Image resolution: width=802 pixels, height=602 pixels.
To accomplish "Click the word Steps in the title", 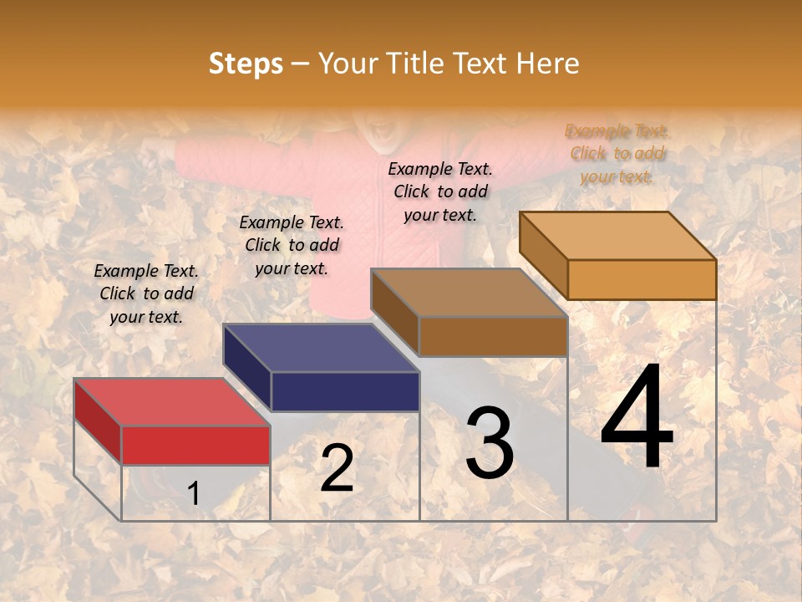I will [x=246, y=64].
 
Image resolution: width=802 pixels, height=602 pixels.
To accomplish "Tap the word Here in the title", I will [x=547, y=64].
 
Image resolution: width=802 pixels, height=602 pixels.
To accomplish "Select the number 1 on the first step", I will [x=194, y=493].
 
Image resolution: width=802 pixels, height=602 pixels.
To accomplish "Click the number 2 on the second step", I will [x=337, y=468].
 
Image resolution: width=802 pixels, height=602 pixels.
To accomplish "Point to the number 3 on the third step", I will [x=490, y=444].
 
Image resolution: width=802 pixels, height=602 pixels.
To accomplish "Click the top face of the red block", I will [x=172, y=402].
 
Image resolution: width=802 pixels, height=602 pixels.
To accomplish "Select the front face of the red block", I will [x=195, y=445].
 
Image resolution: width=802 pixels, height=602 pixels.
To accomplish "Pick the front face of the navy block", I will [x=345, y=391].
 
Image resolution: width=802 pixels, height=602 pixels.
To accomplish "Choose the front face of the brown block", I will [x=493, y=336].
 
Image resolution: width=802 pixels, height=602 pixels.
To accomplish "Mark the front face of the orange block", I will [x=642, y=279].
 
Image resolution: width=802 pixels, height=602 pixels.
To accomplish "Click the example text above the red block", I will [x=146, y=293].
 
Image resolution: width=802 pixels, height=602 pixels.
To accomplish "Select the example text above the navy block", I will [x=292, y=245].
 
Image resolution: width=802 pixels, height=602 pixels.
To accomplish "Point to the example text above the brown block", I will [x=440, y=191].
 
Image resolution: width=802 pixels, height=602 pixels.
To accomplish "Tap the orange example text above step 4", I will [x=617, y=154].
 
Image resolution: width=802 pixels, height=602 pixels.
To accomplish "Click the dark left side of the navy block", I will [x=246, y=366].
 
